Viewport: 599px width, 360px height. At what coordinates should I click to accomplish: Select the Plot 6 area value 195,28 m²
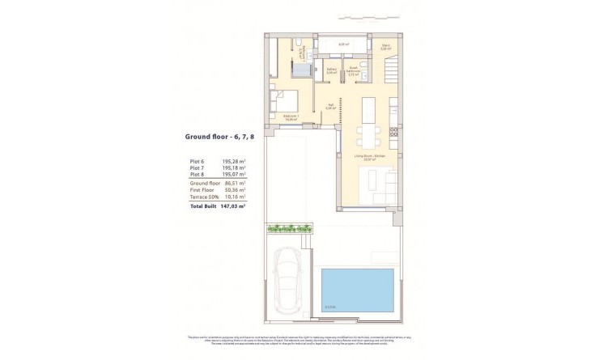click(x=235, y=161)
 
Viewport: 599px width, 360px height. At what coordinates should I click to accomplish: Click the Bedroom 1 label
click(x=292, y=116)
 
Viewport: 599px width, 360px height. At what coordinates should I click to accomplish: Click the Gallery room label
click(x=331, y=70)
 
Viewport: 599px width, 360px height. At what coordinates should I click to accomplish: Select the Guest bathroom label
click(x=354, y=70)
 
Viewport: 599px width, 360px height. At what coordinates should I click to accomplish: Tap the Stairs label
click(x=386, y=47)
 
